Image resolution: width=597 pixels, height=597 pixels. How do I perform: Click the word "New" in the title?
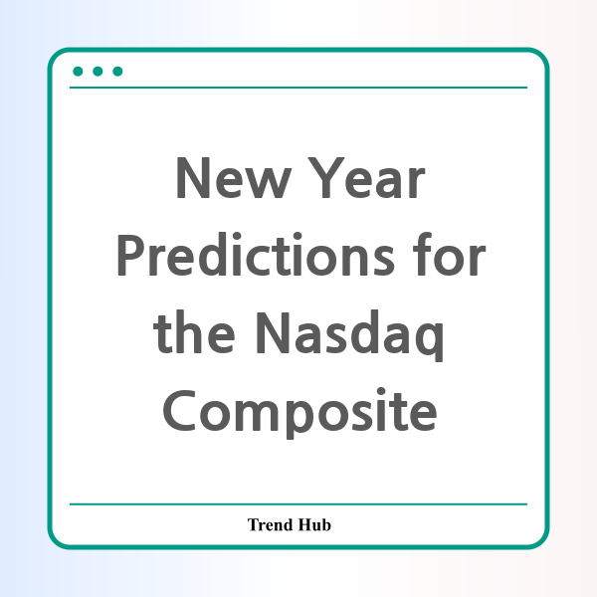(x=234, y=178)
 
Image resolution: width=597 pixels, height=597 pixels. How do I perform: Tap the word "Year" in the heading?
(x=366, y=178)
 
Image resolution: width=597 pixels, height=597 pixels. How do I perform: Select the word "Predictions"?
(x=256, y=254)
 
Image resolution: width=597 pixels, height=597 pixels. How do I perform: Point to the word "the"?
(x=194, y=332)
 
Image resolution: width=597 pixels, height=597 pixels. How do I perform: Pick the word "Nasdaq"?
(x=349, y=335)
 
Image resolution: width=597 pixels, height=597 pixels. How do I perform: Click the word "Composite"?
(x=299, y=413)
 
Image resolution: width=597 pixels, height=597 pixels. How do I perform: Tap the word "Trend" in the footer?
(x=271, y=524)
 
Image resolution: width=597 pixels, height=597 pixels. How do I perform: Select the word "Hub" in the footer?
(x=314, y=524)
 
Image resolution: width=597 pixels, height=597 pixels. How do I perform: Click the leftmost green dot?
(x=78, y=72)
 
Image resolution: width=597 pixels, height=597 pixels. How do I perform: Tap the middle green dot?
(x=98, y=72)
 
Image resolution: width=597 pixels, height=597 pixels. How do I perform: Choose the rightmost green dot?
(x=117, y=72)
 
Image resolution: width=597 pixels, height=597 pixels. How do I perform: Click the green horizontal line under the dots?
(x=298, y=88)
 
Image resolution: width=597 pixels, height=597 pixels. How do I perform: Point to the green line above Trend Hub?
(x=298, y=504)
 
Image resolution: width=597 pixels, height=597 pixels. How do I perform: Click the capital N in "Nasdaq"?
(x=275, y=333)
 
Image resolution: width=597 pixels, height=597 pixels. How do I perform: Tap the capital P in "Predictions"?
(x=131, y=255)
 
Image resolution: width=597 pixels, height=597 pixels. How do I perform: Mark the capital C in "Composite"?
(x=179, y=410)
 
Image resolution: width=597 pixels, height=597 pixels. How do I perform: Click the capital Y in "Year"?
(x=326, y=178)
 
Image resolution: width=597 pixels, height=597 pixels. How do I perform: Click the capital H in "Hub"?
(x=304, y=524)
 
